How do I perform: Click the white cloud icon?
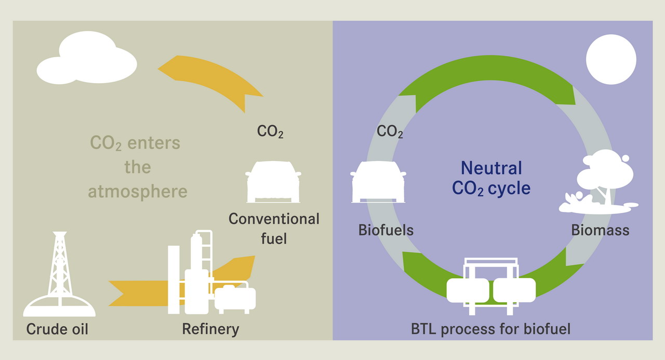coord(87,61)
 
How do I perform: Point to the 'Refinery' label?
coord(210,329)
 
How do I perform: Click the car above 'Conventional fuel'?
coord(273,182)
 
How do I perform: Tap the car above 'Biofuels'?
coord(378,182)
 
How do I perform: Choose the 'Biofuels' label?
coord(386,230)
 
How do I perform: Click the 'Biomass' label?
coord(600,230)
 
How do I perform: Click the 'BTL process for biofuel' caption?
coord(490,329)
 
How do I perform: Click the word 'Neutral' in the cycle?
coord(491,168)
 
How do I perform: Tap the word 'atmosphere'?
coord(138,191)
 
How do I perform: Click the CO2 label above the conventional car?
coord(270,131)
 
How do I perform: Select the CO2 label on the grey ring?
coord(390,131)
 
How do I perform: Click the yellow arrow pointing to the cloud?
coord(213,78)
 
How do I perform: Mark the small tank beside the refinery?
coord(235,299)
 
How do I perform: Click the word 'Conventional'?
coord(274,219)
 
